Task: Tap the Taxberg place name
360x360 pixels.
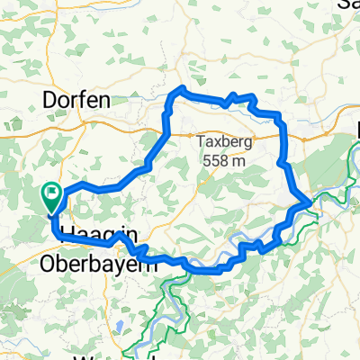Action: [224, 141]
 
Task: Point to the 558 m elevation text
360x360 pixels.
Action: [224, 160]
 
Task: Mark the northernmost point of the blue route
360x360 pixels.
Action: [183, 87]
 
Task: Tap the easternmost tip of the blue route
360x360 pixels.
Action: [310, 200]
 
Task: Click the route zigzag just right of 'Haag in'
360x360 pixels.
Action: [121, 238]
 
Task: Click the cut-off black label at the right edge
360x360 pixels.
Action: [356, 130]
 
